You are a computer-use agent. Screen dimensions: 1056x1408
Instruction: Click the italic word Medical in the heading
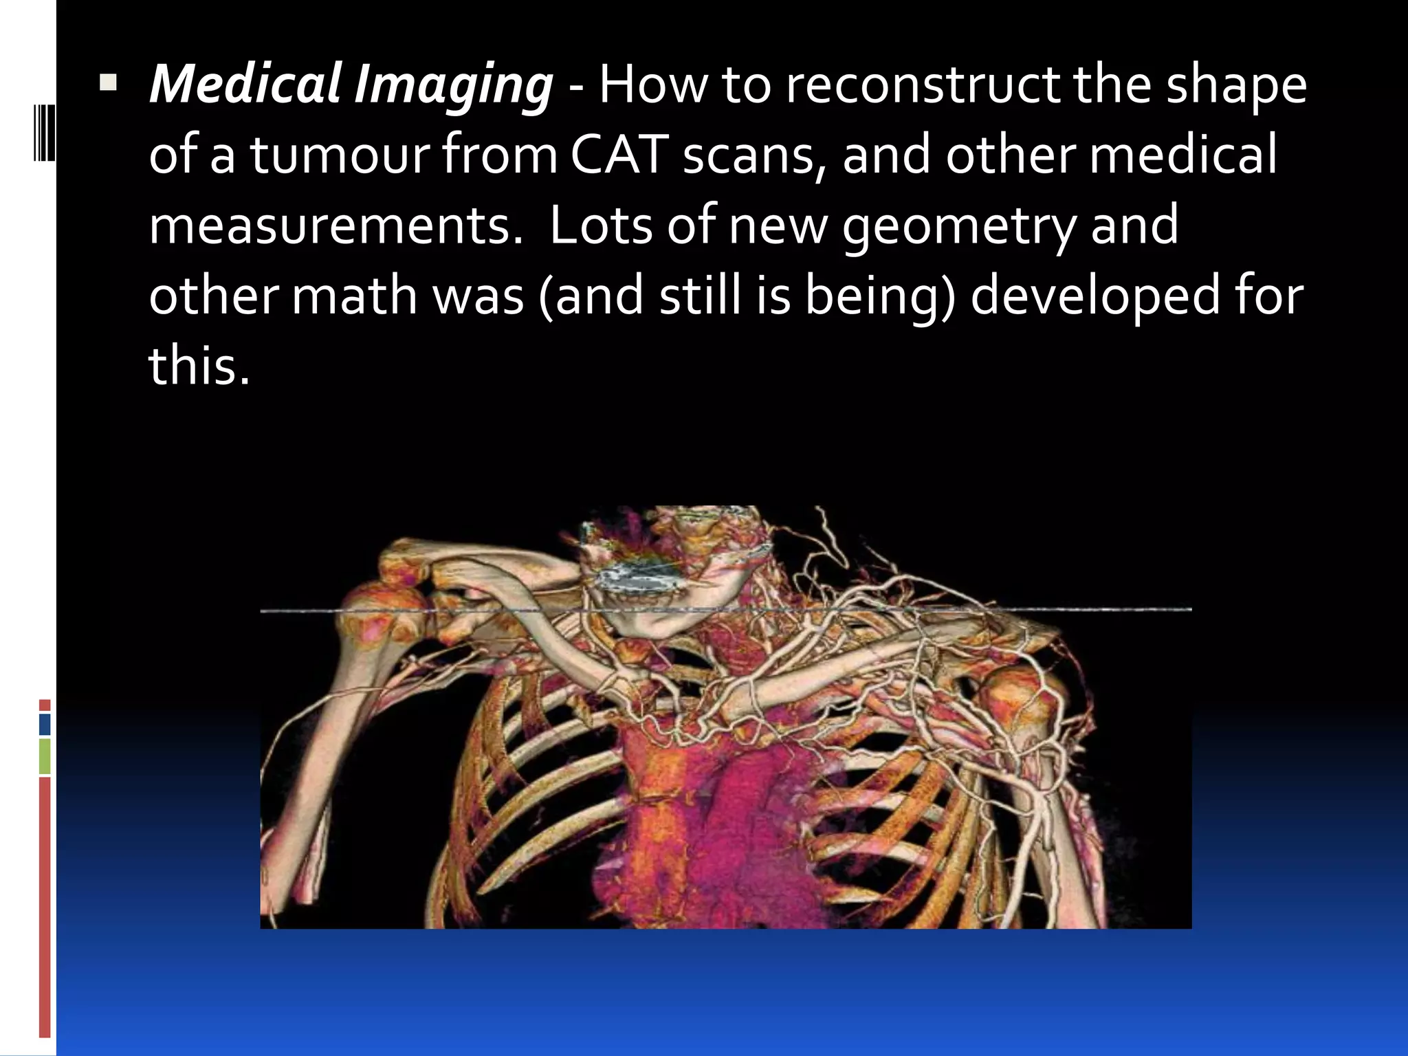click(x=244, y=86)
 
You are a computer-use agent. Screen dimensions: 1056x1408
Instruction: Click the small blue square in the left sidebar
click(x=45, y=725)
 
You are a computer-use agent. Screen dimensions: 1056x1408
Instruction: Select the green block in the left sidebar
click(x=45, y=756)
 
